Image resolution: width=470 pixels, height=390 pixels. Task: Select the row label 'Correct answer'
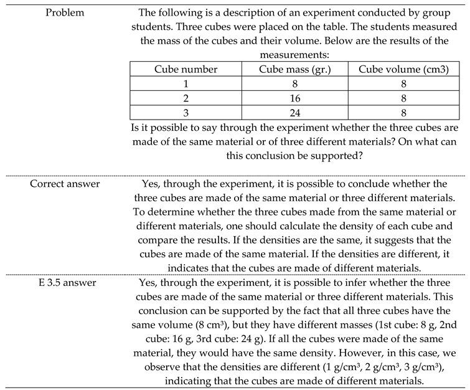[x=65, y=184]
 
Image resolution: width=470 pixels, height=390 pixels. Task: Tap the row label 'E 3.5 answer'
[x=65, y=282]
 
